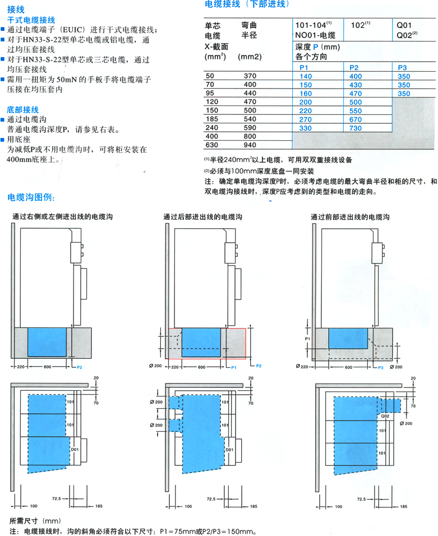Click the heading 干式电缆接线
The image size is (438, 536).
(31, 20)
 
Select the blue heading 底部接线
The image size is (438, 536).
(23, 109)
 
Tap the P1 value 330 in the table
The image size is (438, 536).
(305, 128)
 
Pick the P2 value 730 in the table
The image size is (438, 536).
(355, 128)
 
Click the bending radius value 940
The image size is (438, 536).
(250, 145)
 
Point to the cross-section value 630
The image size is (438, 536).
(211, 145)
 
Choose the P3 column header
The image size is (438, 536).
(403, 68)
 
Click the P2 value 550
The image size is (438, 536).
(355, 111)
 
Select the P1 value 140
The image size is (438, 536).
(305, 76)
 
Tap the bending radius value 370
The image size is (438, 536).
(250, 76)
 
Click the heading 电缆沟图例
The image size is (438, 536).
(31, 197)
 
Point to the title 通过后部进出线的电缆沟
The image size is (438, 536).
(203, 217)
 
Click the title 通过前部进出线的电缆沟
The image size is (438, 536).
(350, 217)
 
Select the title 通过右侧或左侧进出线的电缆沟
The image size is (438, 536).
(63, 217)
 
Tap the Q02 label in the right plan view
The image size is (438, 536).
(385, 416)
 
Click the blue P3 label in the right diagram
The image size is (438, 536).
(381, 367)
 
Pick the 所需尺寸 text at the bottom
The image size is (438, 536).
(24, 521)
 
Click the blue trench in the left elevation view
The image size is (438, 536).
(47, 342)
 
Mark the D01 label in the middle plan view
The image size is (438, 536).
(229, 450)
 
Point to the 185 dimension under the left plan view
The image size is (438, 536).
(99, 506)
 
